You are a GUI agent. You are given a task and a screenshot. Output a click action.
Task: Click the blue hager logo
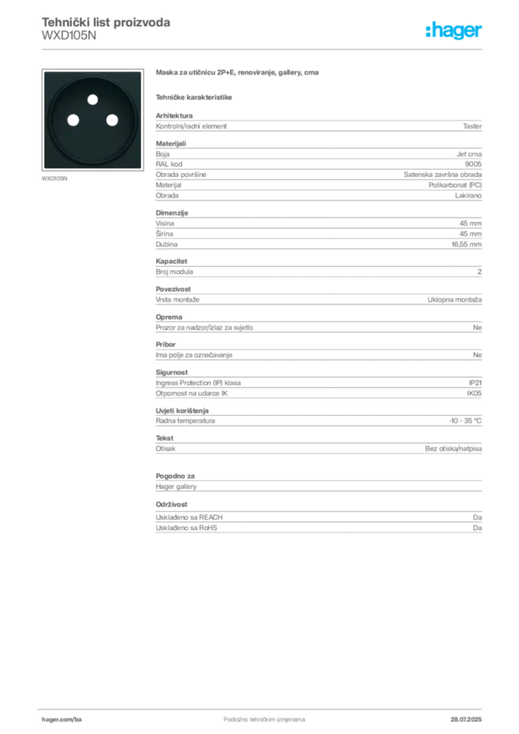[455, 32]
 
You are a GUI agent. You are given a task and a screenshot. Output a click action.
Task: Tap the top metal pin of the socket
[92, 100]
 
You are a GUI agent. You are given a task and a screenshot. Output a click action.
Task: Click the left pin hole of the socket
[72, 120]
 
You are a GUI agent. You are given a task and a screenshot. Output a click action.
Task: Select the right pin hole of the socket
[111, 120]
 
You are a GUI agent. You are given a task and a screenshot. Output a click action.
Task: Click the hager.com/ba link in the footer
[59, 718]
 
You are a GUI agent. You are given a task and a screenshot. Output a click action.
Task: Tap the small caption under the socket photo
[54, 177]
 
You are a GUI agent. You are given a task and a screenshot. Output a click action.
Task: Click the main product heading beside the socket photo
[237, 74]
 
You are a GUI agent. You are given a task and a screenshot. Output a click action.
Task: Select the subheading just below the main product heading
[195, 97]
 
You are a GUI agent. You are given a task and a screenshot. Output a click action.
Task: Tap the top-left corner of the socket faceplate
[44, 72]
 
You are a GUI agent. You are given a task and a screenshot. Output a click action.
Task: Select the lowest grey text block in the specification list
[318, 524]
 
